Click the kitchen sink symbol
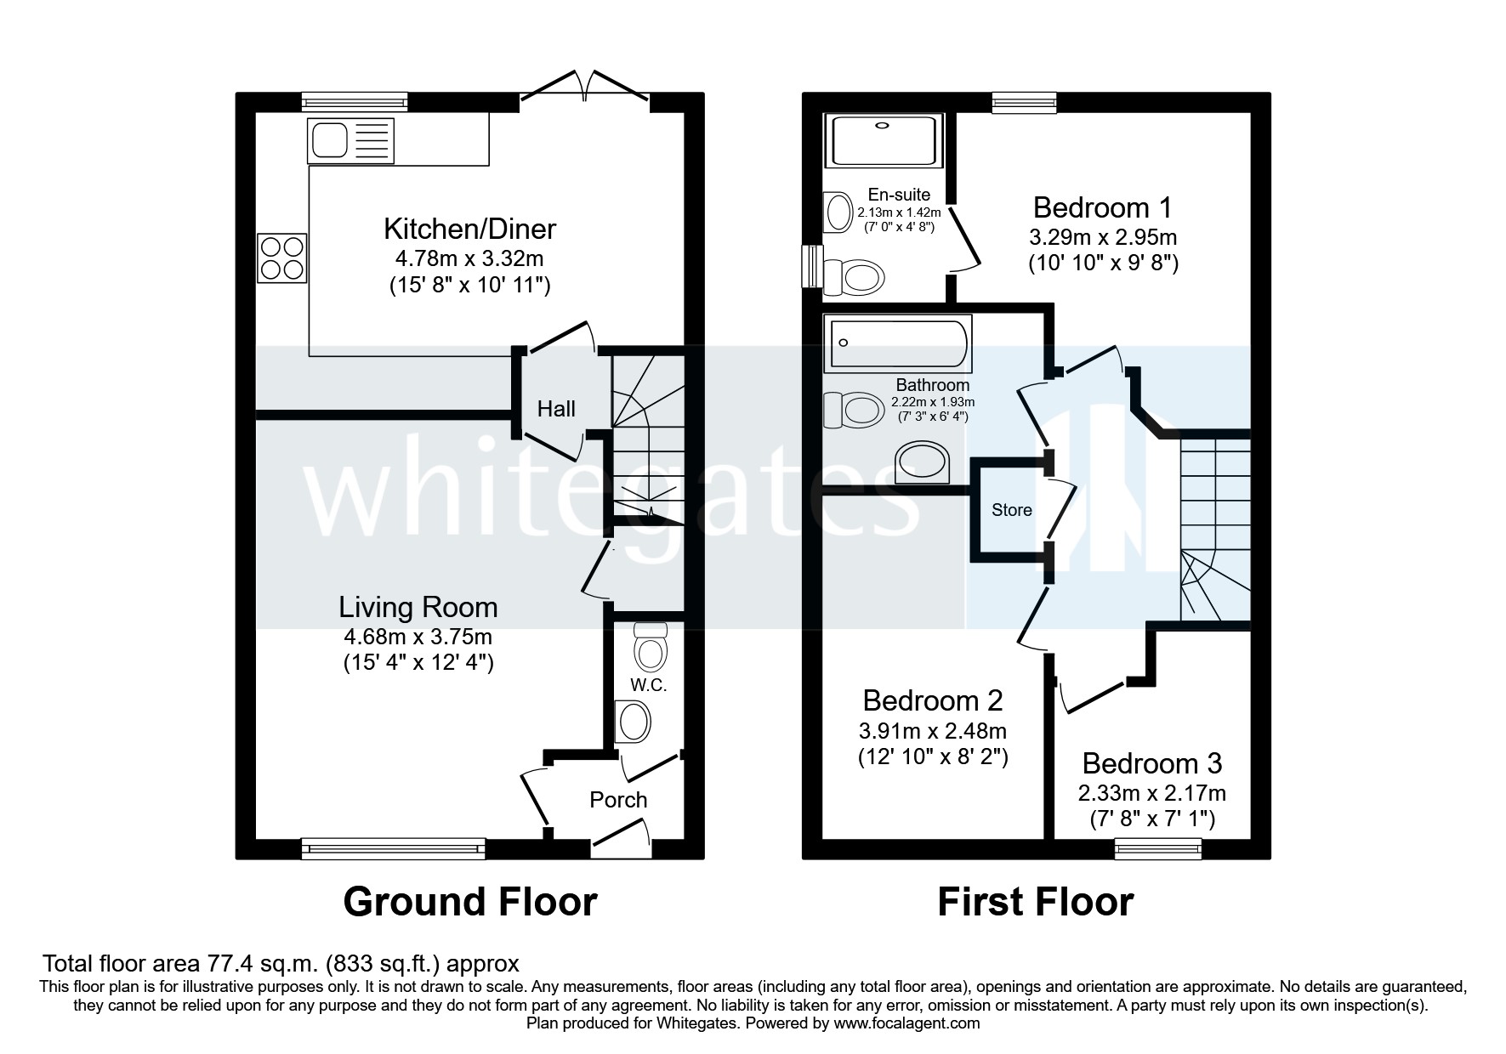pos(351,140)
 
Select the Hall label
pos(556,409)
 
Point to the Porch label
pos(618,800)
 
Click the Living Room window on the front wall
pos(393,847)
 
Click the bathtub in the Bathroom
pos(896,343)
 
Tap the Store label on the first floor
pos(1011,510)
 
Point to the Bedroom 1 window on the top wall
pos(1024,102)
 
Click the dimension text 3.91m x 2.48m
pos(933,730)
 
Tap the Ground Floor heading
pos(469,902)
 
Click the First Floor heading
pos(1035,902)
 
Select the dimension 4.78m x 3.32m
pos(469,258)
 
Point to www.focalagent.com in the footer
pos(906,1023)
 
